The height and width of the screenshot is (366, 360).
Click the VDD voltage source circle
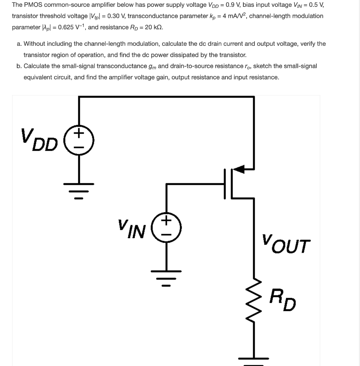point(79,140)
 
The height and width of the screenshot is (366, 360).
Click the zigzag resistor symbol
point(254,299)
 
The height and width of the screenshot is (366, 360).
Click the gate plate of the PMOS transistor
point(226,184)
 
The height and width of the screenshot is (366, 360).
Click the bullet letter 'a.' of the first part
point(19,44)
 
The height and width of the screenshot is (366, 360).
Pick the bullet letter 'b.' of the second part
point(19,66)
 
